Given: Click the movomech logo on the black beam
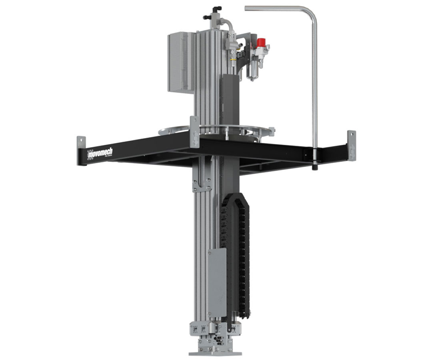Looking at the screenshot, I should (100, 152).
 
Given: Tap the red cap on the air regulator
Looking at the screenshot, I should (262, 42).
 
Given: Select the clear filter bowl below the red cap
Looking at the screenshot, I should (253, 71).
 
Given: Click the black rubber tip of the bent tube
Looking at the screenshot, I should (315, 167).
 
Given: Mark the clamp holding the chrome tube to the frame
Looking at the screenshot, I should (314, 154).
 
